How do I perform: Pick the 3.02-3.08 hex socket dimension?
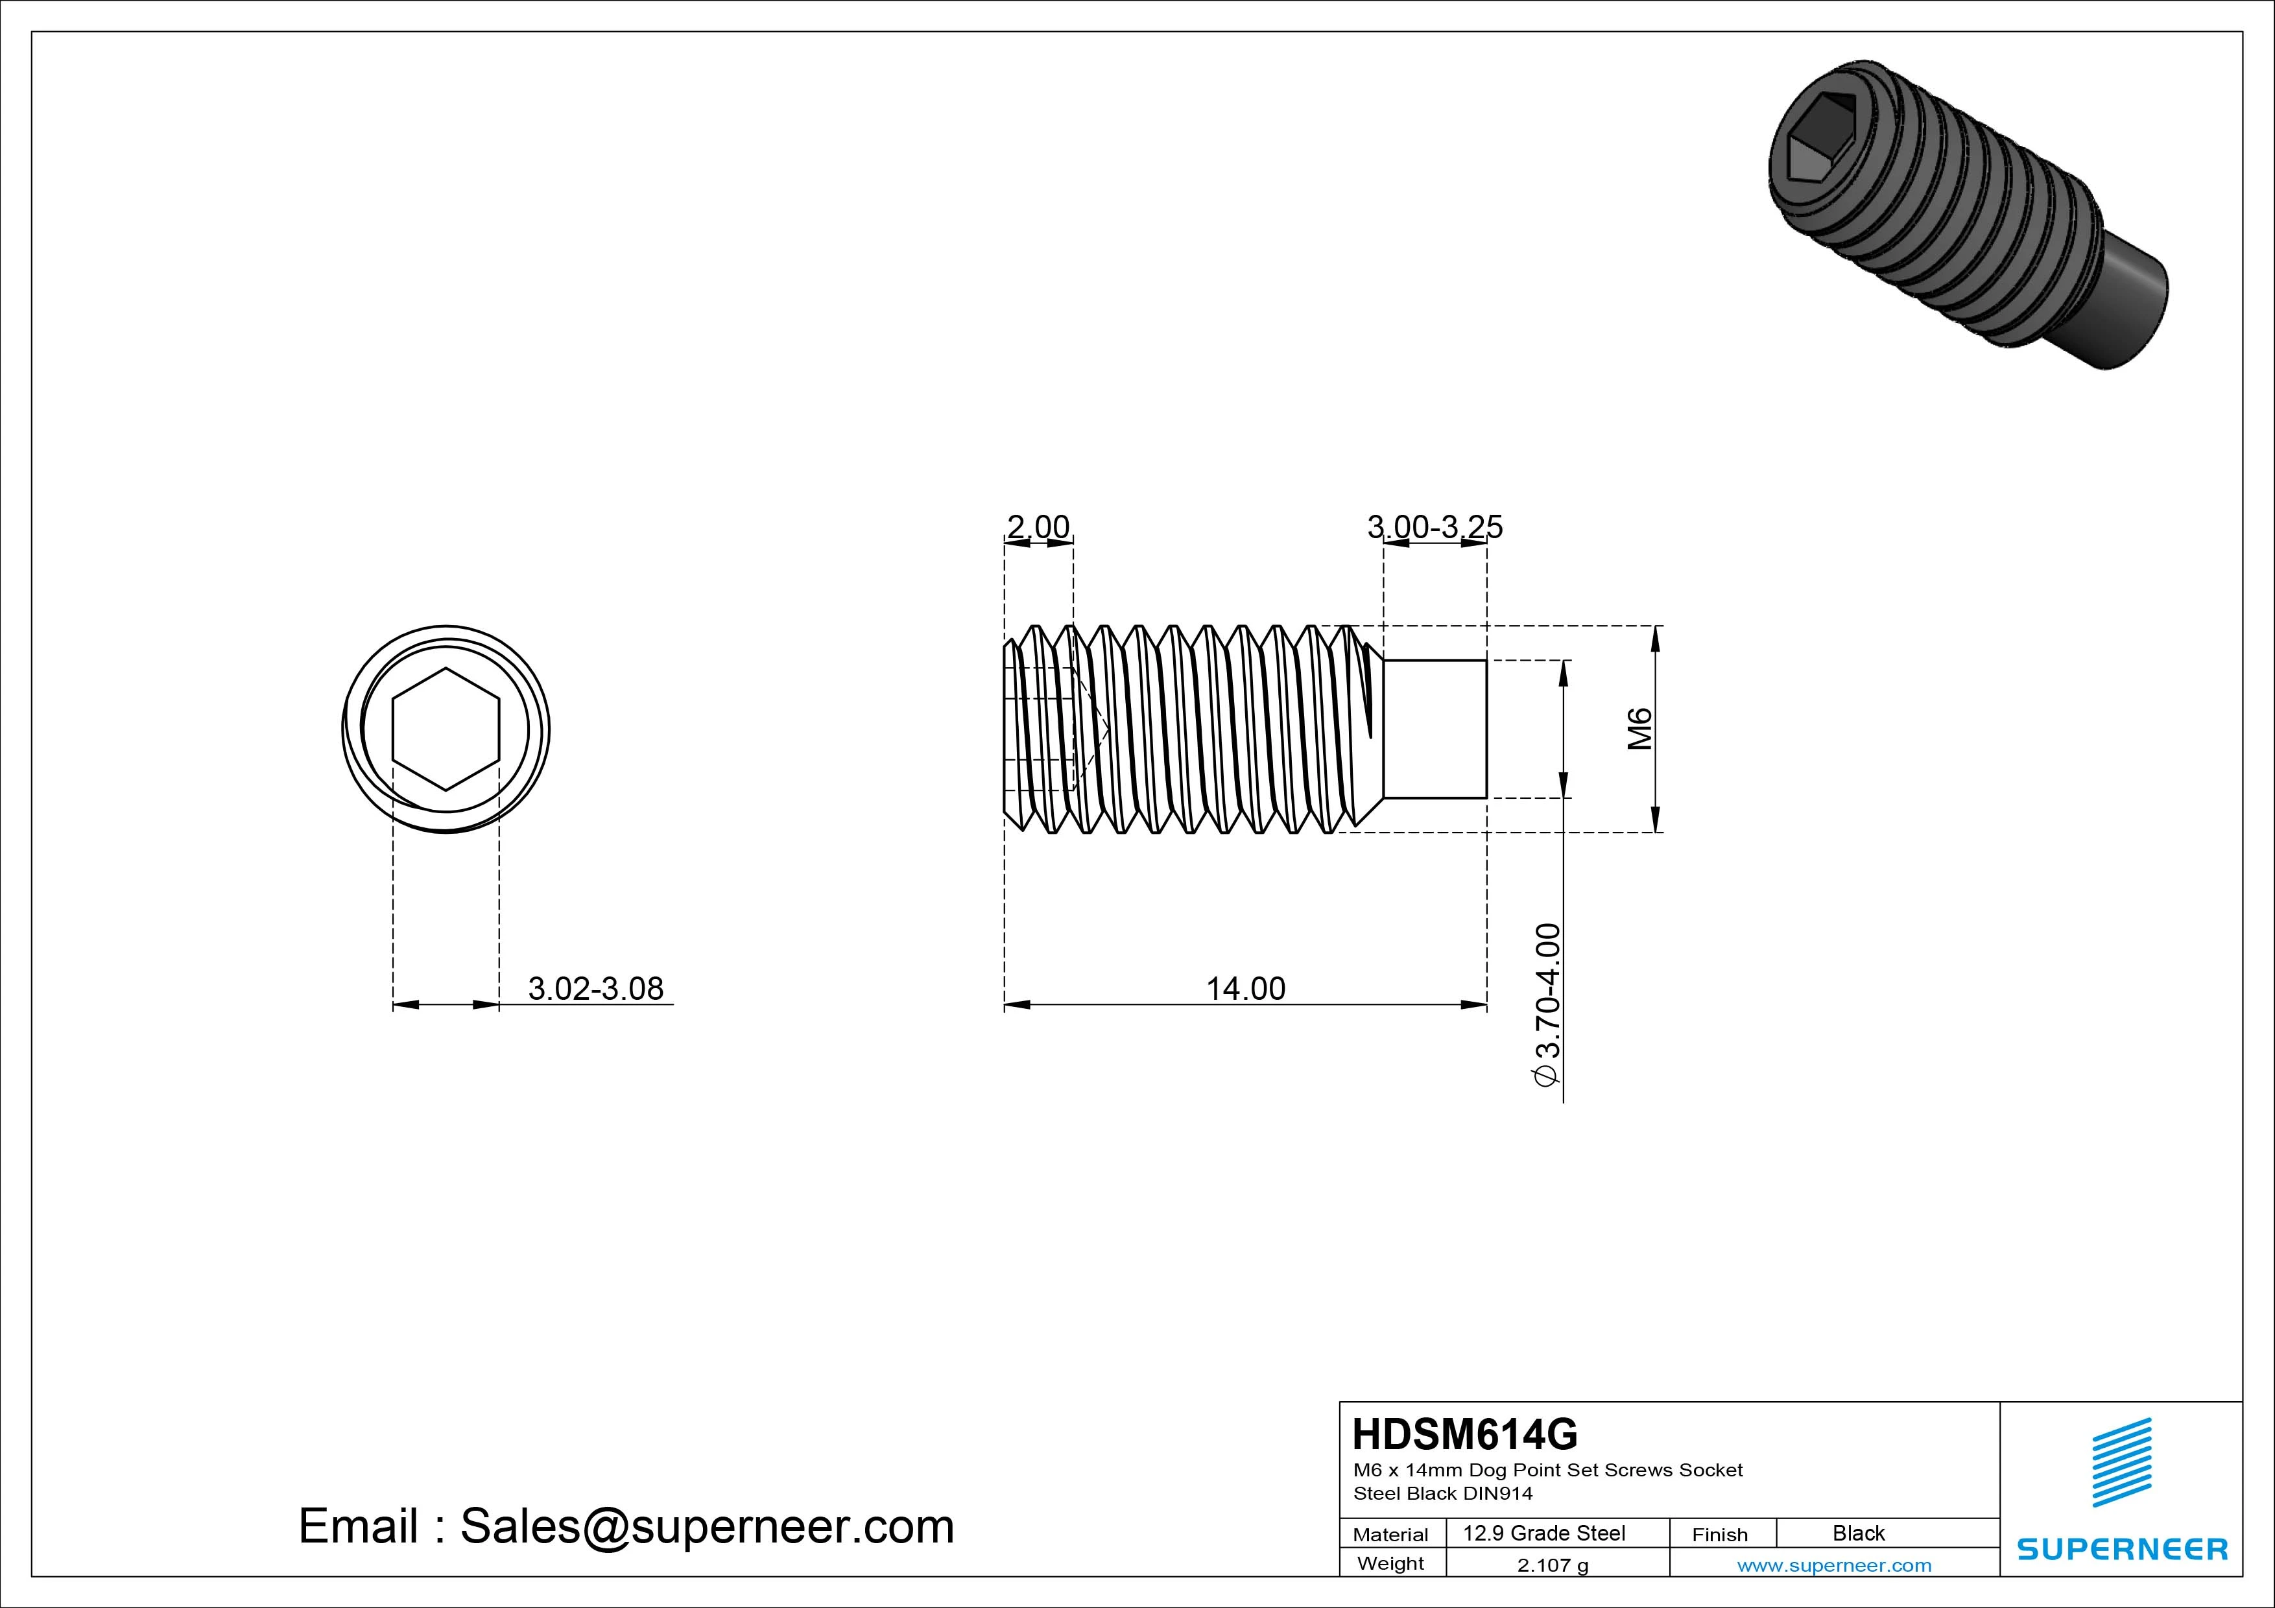click(x=595, y=989)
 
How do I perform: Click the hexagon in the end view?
click(x=446, y=729)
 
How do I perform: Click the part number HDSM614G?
click(x=1464, y=1434)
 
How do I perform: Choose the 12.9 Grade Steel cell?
click(x=1543, y=1533)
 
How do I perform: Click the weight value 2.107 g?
click(x=1553, y=1565)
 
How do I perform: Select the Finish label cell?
click(x=1720, y=1533)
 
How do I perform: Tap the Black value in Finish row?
click(x=1858, y=1533)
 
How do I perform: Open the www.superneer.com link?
click(x=1834, y=1565)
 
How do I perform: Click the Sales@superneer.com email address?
click(x=706, y=1526)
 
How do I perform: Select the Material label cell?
click(x=1390, y=1533)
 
